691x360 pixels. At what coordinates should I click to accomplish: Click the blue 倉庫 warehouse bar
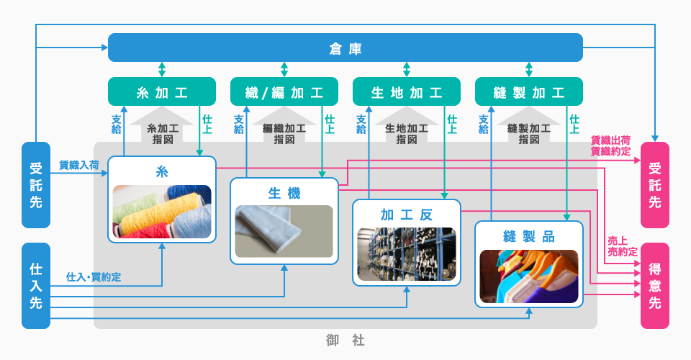345,48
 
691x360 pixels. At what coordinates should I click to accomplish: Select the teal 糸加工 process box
162,93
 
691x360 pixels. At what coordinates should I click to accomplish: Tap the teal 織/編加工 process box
284,93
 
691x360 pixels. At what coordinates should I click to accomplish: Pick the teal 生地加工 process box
407,93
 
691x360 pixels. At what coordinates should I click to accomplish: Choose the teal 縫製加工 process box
529,93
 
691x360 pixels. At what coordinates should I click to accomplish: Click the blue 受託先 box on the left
36,185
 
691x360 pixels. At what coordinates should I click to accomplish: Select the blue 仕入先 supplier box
36,286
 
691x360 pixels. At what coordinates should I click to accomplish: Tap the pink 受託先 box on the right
654,185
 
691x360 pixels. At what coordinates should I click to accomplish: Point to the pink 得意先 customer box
654,286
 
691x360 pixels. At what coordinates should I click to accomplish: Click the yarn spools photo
162,211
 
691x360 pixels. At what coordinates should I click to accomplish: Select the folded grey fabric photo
284,231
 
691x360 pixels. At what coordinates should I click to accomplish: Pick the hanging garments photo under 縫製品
529,275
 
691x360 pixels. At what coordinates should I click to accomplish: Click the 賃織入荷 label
79,165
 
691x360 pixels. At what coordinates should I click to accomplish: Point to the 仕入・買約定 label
94,276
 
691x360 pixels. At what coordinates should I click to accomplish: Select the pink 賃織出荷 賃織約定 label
610,145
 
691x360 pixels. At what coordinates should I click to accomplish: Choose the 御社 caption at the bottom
345,338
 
